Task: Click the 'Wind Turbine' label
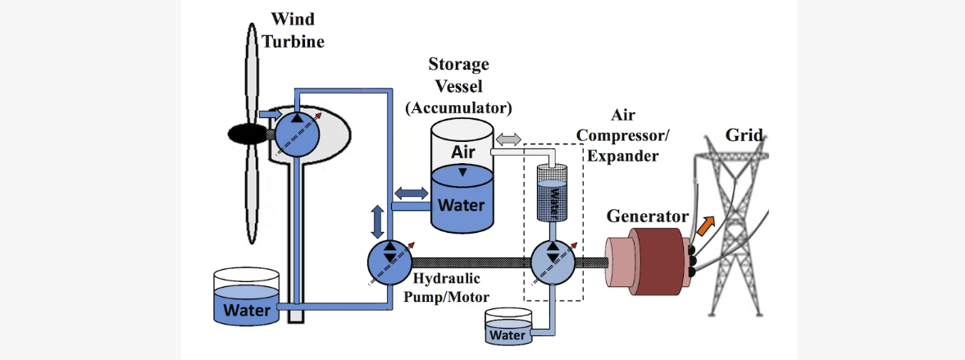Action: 293,29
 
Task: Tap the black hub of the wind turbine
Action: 244,132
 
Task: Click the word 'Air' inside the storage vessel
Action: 463,152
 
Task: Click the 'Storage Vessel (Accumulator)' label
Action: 459,85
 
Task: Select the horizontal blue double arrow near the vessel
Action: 412,193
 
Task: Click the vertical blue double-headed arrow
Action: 378,221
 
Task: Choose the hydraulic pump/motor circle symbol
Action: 389,262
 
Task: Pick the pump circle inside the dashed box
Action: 554,262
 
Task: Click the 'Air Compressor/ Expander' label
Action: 623,135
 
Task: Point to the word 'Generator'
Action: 647,216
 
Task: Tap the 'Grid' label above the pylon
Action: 743,135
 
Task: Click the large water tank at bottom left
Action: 246,299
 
